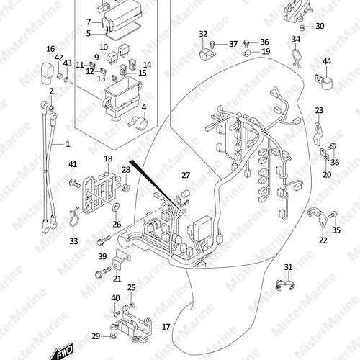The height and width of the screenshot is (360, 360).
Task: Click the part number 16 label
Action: [x=50, y=49]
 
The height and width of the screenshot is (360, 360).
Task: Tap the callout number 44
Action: [x=327, y=61]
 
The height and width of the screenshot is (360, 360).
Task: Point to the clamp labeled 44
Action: [x=324, y=81]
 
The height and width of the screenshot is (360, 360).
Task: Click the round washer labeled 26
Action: [x=117, y=207]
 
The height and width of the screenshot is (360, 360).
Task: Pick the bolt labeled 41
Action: [x=75, y=184]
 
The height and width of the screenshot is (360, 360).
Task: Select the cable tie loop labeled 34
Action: [x=296, y=58]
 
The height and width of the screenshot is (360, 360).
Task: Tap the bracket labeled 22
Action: [x=318, y=216]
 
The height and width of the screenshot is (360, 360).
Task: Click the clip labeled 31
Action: [x=285, y=285]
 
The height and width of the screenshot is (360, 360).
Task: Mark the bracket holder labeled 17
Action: [x=132, y=323]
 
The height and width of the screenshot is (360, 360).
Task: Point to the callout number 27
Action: [x=186, y=176]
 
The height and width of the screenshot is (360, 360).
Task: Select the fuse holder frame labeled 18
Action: [x=101, y=194]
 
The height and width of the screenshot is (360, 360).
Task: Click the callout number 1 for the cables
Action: [x=68, y=144]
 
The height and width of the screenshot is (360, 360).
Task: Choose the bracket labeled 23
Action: [x=318, y=134]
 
